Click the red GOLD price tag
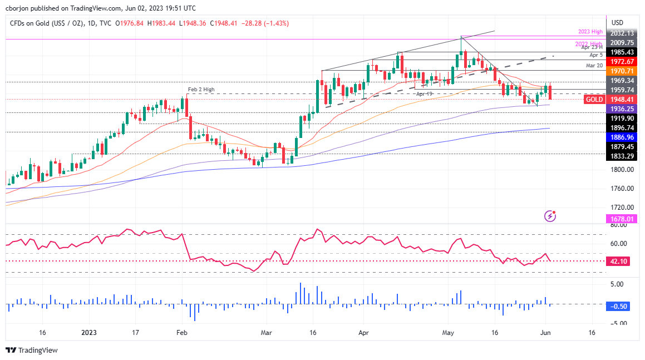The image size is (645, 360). point(595,100)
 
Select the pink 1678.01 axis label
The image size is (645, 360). point(621,219)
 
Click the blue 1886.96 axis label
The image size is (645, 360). point(621,136)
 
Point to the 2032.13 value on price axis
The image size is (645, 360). point(621,32)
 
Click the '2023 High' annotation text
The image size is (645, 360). point(589,32)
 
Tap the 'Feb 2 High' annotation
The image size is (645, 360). point(200,90)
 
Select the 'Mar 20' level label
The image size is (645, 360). point(594,66)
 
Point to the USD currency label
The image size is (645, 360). point(617,22)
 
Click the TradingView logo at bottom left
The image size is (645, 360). point(32,350)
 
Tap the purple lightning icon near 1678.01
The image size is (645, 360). point(550,215)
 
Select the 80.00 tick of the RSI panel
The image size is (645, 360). point(617,225)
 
